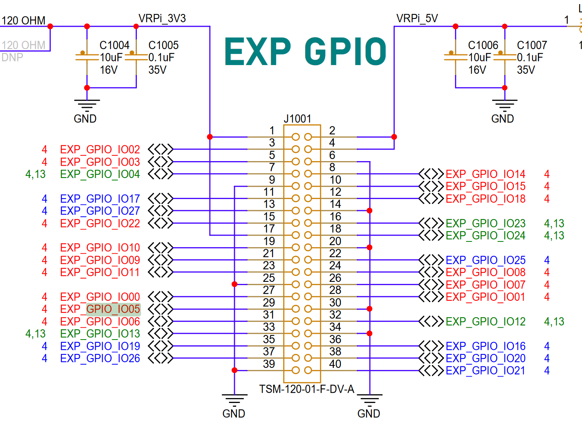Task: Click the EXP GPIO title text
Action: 305,52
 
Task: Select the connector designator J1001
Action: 297,119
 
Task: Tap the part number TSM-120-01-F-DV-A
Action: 306,389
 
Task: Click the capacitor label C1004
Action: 114,45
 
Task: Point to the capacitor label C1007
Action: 532,45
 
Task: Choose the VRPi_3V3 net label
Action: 162,19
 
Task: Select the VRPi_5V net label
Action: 417,19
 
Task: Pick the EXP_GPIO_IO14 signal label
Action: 485,174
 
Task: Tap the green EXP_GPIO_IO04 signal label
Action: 100,174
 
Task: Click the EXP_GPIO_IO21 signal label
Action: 485,370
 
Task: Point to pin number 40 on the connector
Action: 335,364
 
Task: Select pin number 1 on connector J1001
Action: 272,131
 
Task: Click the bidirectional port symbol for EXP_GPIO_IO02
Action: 160,149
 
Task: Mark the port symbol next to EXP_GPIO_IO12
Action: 431,321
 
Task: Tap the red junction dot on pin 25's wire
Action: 235,284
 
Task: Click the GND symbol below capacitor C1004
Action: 87,105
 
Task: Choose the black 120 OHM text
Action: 23,20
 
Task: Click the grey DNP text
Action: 12,57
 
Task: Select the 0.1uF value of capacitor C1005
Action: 161,57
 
